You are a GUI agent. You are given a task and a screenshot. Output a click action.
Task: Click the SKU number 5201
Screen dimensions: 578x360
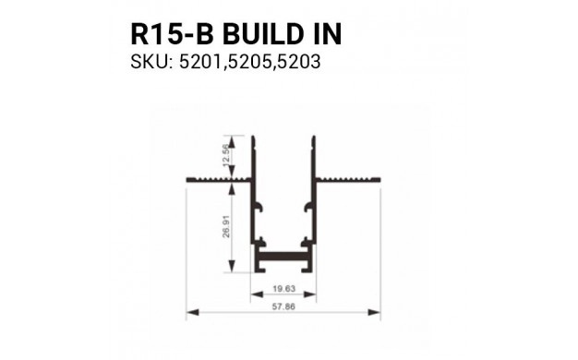201,62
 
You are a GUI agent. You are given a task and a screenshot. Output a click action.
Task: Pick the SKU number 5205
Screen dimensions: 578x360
250,62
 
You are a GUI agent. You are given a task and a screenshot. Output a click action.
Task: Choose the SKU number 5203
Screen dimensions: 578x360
299,62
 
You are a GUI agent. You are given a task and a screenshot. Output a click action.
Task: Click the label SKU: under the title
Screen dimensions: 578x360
151,62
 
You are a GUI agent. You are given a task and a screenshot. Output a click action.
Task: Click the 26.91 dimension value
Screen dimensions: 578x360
226,226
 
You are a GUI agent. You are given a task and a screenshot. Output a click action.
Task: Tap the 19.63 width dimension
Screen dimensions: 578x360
283,288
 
